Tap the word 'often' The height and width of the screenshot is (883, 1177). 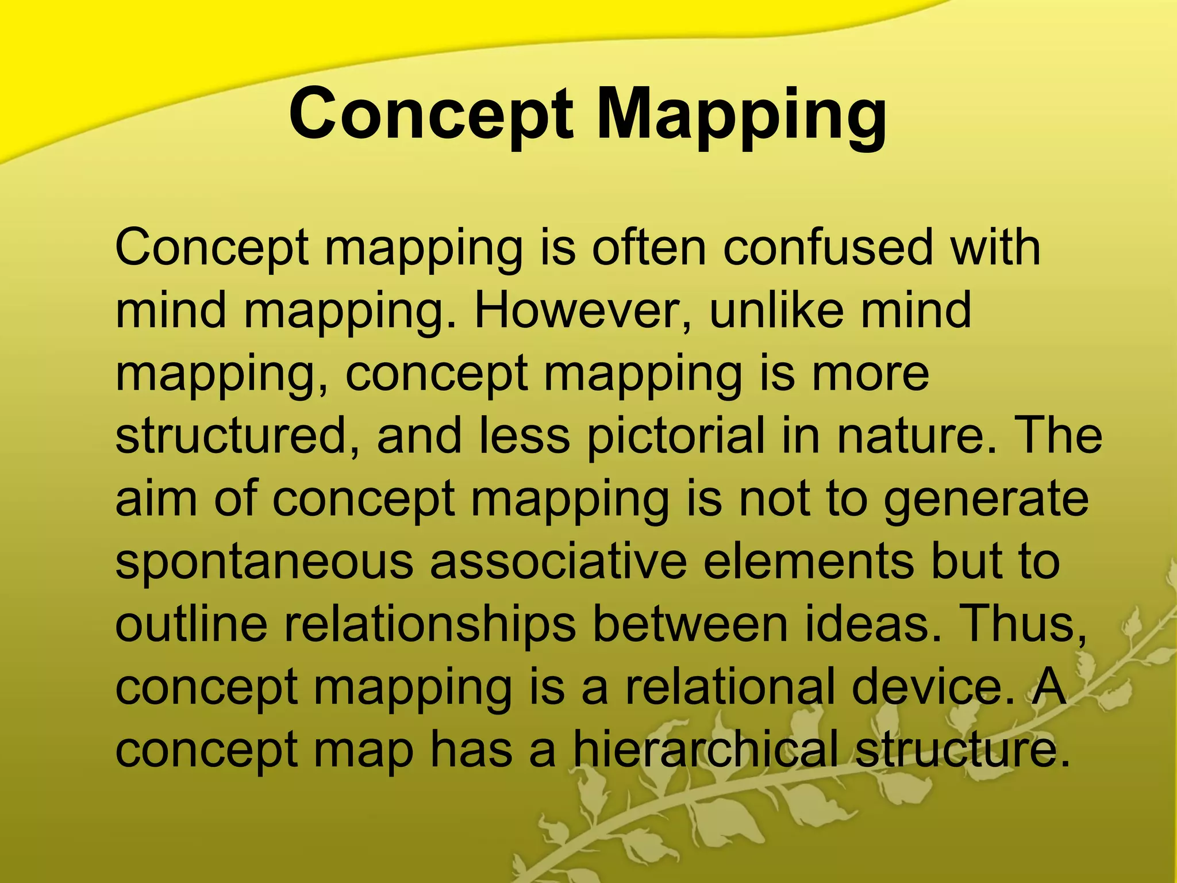[649, 248]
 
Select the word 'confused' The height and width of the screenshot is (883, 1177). [828, 248]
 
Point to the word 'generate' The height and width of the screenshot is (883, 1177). [986, 498]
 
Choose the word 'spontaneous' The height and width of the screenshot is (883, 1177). [264, 562]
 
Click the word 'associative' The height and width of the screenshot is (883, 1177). [558, 561]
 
